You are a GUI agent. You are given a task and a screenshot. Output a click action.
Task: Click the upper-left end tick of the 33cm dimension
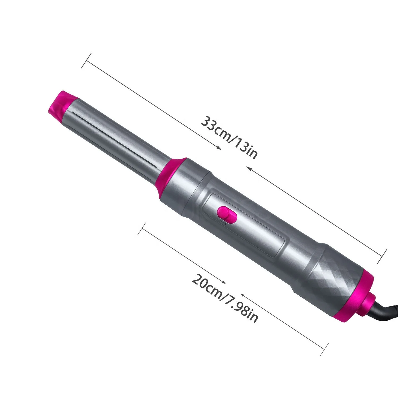[86, 61]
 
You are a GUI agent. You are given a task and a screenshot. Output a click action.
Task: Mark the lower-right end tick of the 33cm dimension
[382, 257]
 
